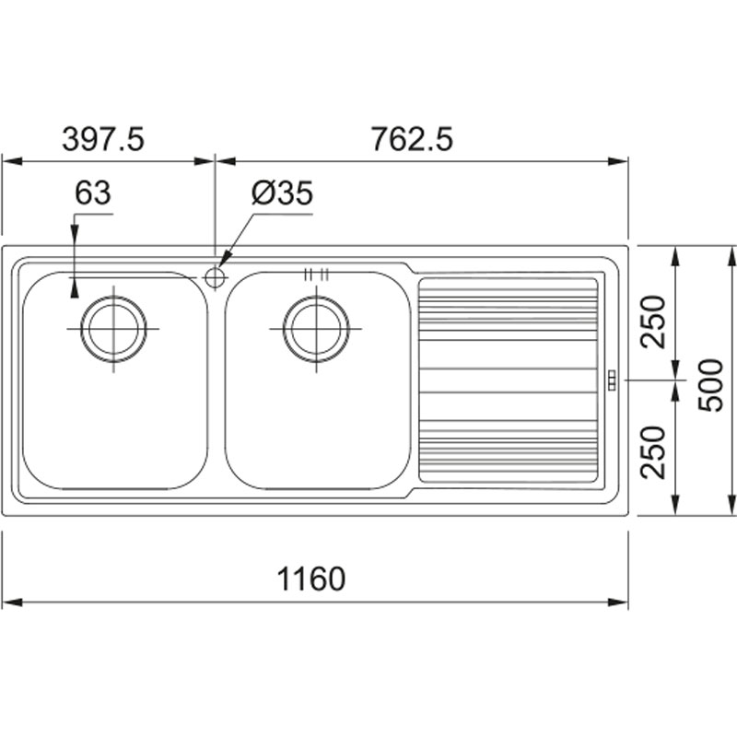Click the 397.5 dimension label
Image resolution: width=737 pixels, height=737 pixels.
pos(103,139)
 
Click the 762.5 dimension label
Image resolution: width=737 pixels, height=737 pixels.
pos(412,139)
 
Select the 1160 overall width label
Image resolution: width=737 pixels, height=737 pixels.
pos(311,579)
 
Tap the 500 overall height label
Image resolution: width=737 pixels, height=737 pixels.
pos(709,385)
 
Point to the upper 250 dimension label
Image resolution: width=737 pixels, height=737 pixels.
pos(654,322)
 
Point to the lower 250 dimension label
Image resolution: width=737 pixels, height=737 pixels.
pos(654,452)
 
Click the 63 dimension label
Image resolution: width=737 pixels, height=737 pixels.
pos(93,193)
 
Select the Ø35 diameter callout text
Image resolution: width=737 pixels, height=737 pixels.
pos(282,193)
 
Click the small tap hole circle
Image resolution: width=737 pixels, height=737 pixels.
pos(215,278)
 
